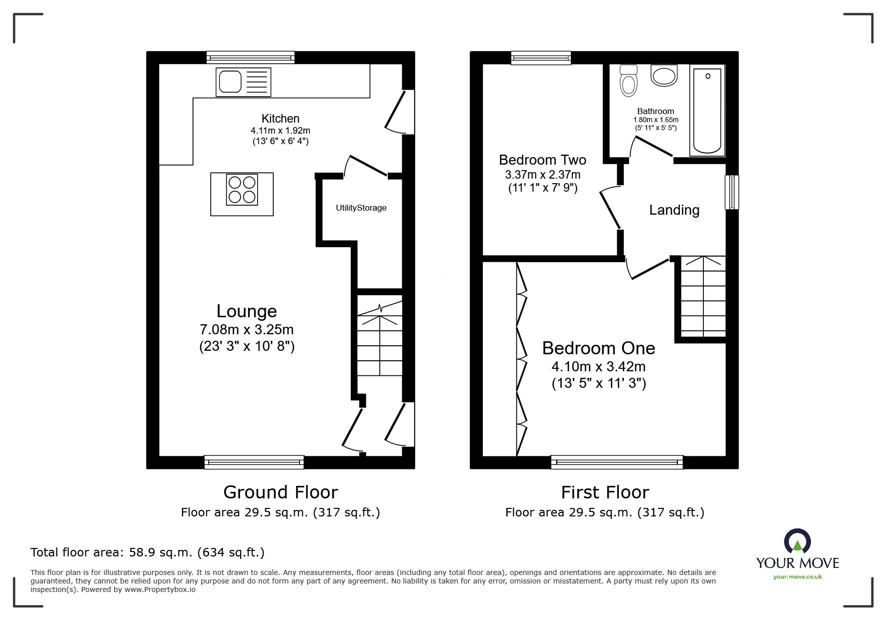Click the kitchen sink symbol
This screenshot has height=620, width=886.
[x=243, y=82]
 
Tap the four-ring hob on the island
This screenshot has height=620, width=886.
[x=242, y=190]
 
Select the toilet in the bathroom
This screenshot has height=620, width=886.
[x=628, y=81]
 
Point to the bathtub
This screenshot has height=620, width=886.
[x=707, y=111]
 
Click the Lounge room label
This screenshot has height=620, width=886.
[x=247, y=311]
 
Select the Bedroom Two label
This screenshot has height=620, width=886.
[x=542, y=160]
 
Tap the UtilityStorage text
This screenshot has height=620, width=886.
[x=361, y=208]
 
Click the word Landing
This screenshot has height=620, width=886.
[x=674, y=210]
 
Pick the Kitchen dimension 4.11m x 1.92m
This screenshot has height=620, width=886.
[x=280, y=131]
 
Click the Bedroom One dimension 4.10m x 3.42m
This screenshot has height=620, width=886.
[x=598, y=367]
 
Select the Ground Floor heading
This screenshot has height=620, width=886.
[x=280, y=492]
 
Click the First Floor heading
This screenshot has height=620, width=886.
[x=604, y=492]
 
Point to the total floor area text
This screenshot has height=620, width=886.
[x=148, y=552]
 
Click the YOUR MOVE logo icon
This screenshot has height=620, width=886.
[x=797, y=541]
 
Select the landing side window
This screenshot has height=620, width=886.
[x=732, y=192]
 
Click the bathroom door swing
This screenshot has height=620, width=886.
[x=651, y=148]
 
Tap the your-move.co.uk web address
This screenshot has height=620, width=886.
[x=797, y=577]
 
